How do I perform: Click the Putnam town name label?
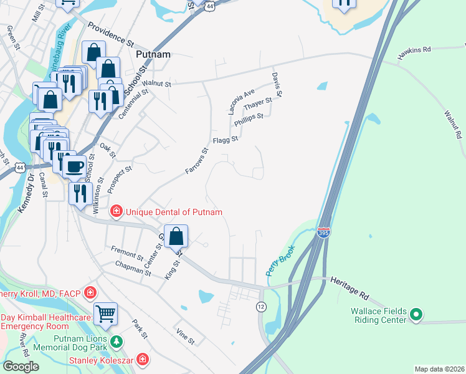tap(153, 54)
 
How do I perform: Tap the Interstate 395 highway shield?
tap(323, 233)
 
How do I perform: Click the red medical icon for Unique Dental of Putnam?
tap(116, 213)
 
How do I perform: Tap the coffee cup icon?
tap(75, 166)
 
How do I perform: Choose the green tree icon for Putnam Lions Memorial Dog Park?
tap(116, 342)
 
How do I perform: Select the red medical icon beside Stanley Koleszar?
tap(142, 359)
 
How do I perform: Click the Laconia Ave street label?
tap(240, 101)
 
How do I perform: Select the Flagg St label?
tap(226, 140)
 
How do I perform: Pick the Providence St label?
tap(111, 36)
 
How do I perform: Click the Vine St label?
tap(186, 337)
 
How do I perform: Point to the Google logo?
tap(21, 367)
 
